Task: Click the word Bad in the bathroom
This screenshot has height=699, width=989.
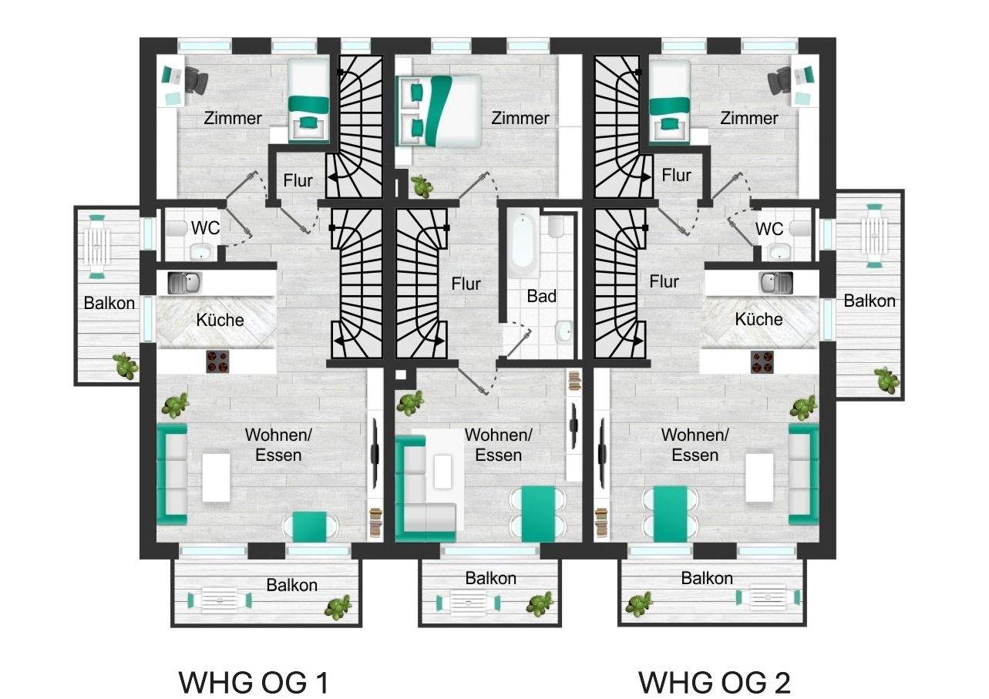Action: click(x=542, y=296)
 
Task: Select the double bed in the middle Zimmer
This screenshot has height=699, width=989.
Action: click(x=439, y=110)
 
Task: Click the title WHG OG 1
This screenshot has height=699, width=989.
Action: click(x=254, y=683)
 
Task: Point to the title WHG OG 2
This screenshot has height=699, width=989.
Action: click(x=715, y=683)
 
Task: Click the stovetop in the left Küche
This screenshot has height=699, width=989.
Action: click(x=217, y=361)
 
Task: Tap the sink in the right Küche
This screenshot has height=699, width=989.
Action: click(x=775, y=283)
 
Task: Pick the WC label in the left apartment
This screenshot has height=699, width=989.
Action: click(x=205, y=228)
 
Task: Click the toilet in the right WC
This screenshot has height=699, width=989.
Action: click(x=799, y=228)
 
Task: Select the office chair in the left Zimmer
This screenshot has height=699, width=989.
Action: click(x=196, y=80)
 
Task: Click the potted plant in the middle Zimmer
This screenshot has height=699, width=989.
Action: click(x=421, y=186)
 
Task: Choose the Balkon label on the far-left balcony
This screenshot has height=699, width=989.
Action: click(x=109, y=303)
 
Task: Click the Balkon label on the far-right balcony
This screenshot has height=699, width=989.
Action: click(x=870, y=301)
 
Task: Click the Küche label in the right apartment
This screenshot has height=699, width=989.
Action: click(x=759, y=319)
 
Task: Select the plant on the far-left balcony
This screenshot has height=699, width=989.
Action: click(x=126, y=366)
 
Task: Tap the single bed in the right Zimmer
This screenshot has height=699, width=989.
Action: click(x=669, y=101)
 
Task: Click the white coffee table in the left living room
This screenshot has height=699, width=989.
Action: click(x=216, y=477)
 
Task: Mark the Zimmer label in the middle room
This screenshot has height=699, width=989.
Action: click(x=520, y=118)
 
